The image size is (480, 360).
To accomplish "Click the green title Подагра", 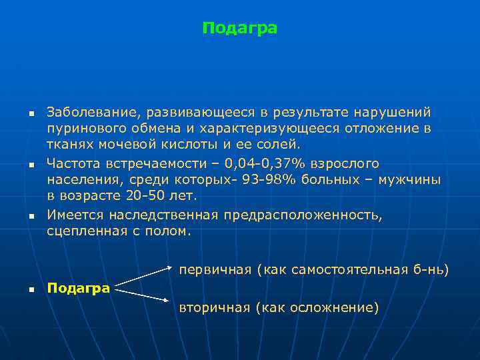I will coord(239,29).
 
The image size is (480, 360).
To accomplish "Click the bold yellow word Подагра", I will coord(79,288).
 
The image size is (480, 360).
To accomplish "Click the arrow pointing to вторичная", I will coord(145,298).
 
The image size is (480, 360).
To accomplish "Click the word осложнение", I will coord(331,307).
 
